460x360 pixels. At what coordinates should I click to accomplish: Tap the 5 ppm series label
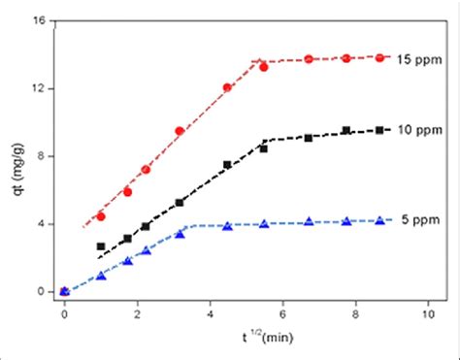tap(420, 220)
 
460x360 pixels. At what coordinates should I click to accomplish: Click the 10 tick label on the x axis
tap(427, 315)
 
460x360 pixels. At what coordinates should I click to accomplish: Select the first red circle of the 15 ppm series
tap(101, 216)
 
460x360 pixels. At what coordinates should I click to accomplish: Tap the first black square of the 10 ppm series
tap(101, 246)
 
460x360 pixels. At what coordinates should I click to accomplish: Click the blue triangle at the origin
tap(64, 290)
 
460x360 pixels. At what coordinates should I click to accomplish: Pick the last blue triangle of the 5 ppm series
tap(379, 220)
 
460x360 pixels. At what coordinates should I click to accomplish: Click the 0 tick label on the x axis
tap(64, 315)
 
